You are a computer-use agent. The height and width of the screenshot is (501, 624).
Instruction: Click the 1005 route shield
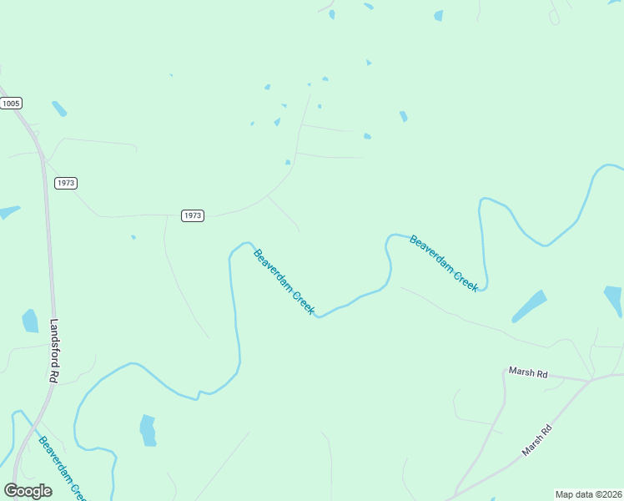coord(11,103)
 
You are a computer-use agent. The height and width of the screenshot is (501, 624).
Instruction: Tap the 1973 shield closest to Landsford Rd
coord(66,183)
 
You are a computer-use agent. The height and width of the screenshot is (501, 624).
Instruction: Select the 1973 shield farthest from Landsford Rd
coord(193,215)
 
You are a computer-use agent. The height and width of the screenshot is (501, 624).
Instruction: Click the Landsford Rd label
coord(55,351)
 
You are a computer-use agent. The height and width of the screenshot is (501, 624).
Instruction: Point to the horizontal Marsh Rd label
coord(528,372)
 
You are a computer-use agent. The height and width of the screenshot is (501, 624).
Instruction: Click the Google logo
coord(28,491)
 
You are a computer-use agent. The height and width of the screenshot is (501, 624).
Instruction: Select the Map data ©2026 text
coord(587,494)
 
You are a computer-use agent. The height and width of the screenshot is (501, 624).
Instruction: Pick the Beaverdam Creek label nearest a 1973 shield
coord(284,282)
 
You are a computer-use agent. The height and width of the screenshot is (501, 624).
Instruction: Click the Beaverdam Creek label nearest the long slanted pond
coord(444,263)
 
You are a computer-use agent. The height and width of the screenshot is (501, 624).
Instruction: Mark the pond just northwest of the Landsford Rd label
coord(30,321)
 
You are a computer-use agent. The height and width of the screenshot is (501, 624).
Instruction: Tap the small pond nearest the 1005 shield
coord(59,109)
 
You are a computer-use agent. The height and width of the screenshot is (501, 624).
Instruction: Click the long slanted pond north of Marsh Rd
coord(529,306)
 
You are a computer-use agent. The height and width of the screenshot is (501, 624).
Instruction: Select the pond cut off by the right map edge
coord(614,301)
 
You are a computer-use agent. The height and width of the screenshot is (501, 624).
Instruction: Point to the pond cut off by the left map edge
coord(8,212)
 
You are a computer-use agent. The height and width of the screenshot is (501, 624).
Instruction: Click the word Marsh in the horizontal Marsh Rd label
coord(521,371)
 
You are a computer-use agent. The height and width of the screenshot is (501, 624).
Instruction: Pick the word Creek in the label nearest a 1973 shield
coord(302,302)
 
